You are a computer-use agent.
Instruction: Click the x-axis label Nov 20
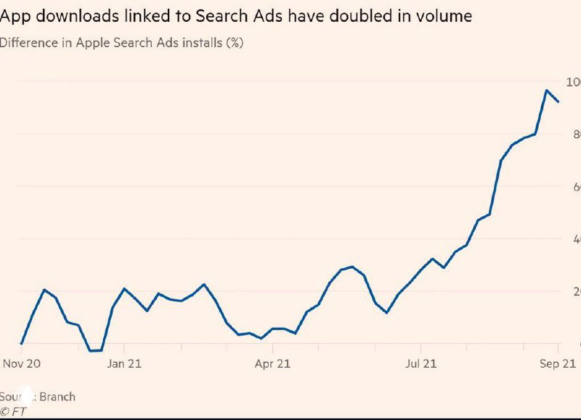pos(20,364)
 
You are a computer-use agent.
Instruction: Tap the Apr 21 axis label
pos(272,364)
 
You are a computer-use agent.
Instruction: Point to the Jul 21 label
pos(421,364)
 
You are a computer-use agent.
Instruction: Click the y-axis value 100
pos(573,81)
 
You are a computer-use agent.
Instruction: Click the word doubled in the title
pos(349,16)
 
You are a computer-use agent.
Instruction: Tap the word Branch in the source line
pos(57,397)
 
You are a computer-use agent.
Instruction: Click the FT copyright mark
pos(14,411)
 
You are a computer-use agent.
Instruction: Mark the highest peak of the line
pos(546,90)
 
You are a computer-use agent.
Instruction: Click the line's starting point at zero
pos(21,344)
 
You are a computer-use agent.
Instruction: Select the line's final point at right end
pos(558,102)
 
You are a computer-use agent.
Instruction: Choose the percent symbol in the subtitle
pos(235,42)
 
